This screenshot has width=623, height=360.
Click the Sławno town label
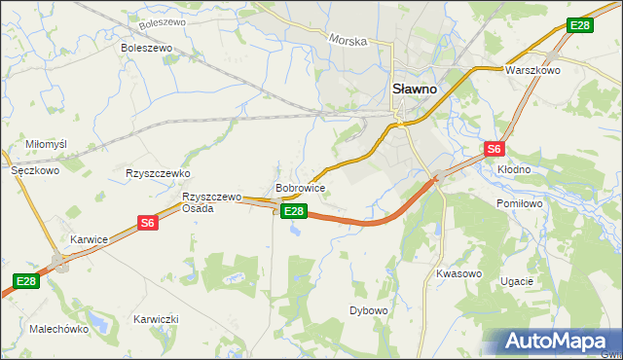[x=415, y=87]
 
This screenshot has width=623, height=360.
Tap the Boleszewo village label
[x=146, y=47]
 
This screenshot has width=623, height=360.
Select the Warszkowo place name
[x=531, y=71]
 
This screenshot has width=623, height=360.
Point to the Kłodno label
[x=514, y=168]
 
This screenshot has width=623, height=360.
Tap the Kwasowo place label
[x=459, y=273]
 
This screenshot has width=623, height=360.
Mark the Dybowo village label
[x=369, y=310]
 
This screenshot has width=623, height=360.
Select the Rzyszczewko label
[x=157, y=172]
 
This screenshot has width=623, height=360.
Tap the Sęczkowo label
[x=35, y=169]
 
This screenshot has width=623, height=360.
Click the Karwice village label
[x=89, y=238]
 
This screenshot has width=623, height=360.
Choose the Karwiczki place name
[x=156, y=319]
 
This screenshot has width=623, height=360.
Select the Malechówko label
[x=59, y=329]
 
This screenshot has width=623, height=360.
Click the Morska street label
[x=348, y=42]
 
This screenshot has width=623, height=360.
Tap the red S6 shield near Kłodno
[x=495, y=149]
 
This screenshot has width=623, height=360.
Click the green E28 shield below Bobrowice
[x=294, y=210]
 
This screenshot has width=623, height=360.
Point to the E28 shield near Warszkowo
[x=579, y=25]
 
